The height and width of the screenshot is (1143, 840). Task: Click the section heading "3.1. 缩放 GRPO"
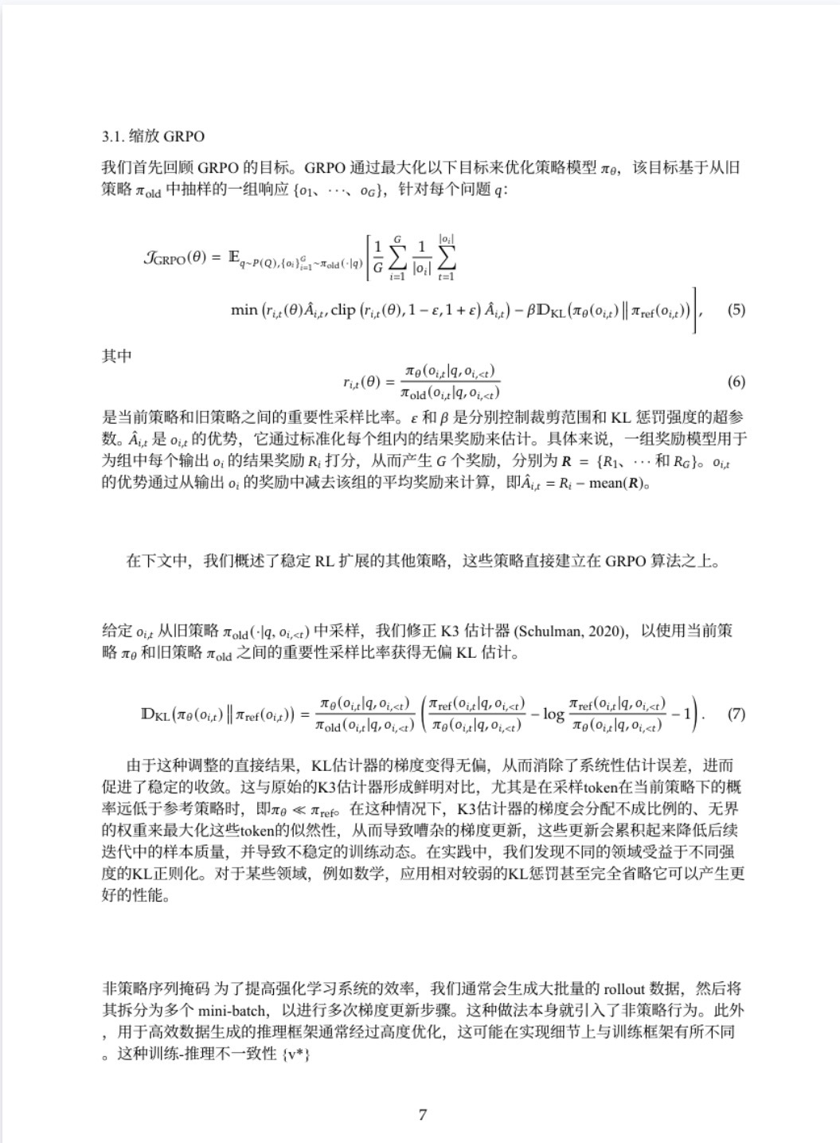(153, 136)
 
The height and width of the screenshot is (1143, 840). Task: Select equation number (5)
(736, 309)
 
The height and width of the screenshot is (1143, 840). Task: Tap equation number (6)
(736, 382)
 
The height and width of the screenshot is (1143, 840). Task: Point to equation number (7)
(736, 713)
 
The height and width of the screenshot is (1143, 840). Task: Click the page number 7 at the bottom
(422, 1114)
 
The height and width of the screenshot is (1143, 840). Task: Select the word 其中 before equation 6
(116, 356)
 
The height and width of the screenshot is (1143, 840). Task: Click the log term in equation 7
(553, 714)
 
